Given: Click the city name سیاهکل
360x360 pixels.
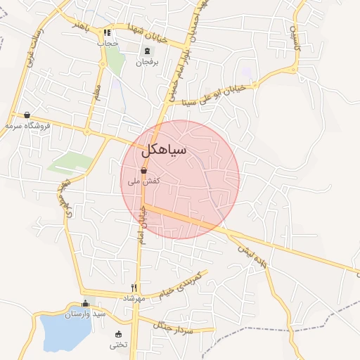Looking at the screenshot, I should tap(164, 150).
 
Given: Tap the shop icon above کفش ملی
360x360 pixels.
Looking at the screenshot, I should tap(143, 170).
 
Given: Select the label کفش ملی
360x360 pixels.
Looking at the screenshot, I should tap(143, 181).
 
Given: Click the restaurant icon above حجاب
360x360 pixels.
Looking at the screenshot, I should tap(108, 32).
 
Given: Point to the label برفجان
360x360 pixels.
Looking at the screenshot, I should tap(147, 61).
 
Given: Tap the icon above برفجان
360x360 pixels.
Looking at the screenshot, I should tap(147, 51).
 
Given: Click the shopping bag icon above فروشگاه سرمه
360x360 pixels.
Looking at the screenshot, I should tap(27, 115).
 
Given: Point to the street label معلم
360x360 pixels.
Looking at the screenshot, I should tap(97, 93).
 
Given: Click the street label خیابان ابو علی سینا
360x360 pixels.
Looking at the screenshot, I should tap(219, 94).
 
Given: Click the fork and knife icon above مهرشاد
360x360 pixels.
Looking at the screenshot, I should tap(134, 288).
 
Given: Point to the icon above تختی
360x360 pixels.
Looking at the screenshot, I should tap(117, 334).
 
